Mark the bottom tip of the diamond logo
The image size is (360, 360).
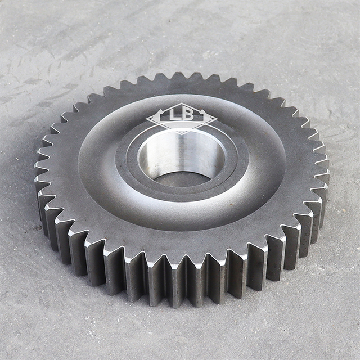click(x=181, y=133)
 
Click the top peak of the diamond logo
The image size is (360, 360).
click(x=181, y=103)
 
